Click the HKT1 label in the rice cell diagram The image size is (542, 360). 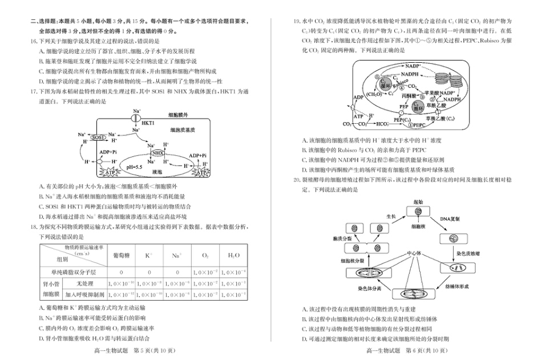pos(148,123)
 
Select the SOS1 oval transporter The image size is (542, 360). pos(98,137)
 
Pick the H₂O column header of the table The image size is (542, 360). pos(233,254)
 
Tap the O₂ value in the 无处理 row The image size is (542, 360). pos(205,284)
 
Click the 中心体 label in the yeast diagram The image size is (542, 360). pos(414,252)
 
